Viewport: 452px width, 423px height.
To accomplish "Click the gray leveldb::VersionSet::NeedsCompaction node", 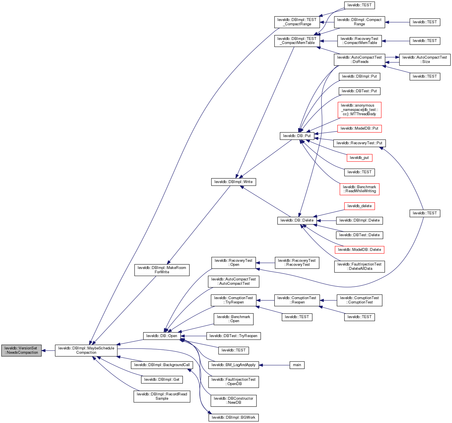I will pyautogui.click(x=21, y=350).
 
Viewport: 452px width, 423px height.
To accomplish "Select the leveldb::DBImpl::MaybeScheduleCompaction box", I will pyautogui.click(x=86, y=350).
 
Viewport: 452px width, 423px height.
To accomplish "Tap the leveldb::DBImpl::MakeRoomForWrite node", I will pyautogui.click(x=162, y=270).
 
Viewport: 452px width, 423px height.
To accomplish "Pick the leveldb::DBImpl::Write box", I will pyautogui.click(x=233, y=182).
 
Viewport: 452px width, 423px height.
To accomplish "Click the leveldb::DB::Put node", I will pyautogui.click(x=297, y=136).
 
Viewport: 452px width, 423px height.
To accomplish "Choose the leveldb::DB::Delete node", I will pyautogui.click(x=297, y=220).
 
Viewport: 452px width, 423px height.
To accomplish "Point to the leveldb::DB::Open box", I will pyautogui.click(x=162, y=336).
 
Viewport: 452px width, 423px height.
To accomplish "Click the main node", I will pyautogui.click(x=297, y=365).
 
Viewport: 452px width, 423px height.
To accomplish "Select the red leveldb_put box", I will pyautogui.click(x=359, y=158).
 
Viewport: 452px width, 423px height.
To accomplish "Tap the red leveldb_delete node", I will pyautogui.click(x=359, y=206).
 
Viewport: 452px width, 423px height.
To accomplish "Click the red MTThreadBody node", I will pyautogui.click(x=359, y=110).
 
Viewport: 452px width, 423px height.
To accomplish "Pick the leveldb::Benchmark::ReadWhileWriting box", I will pyautogui.click(x=359, y=189).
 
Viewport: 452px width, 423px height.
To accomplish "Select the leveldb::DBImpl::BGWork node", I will pyautogui.click(x=233, y=418).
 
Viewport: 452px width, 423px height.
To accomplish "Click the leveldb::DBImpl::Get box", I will pyautogui.click(x=162, y=380).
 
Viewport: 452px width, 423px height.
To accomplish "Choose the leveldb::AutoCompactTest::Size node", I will pyautogui.click(x=425, y=59).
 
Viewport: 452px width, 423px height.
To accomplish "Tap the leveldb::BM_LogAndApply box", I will pyautogui.click(x=233, y=365).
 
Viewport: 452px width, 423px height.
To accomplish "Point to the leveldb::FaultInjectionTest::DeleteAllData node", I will pyautogui.click(x=359, y=266).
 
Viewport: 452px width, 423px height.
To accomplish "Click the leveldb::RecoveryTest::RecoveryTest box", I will pyautogui.click(x=297, y=263).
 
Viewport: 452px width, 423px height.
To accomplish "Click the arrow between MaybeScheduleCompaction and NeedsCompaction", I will pyautogui.click(x=48, y=351).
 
